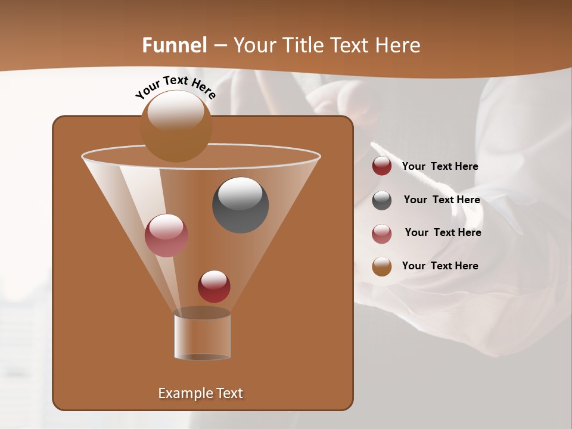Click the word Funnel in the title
point(175,45)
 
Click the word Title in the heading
point(303,45)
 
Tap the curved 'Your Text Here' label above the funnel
point(175,87)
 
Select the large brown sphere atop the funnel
point(176,126)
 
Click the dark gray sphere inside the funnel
point(240,205)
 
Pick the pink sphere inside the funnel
point(166,235)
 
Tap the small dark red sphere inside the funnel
point(214,287)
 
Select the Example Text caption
point(201,393)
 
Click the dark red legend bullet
point(382,166)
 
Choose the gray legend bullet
point(382,200)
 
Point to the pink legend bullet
point(382,234)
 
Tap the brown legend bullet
point(382,266)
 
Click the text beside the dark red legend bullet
point(440,167)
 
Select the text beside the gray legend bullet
point(442,200)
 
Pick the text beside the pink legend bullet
point(443,233)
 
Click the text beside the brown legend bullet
point(440,266)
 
